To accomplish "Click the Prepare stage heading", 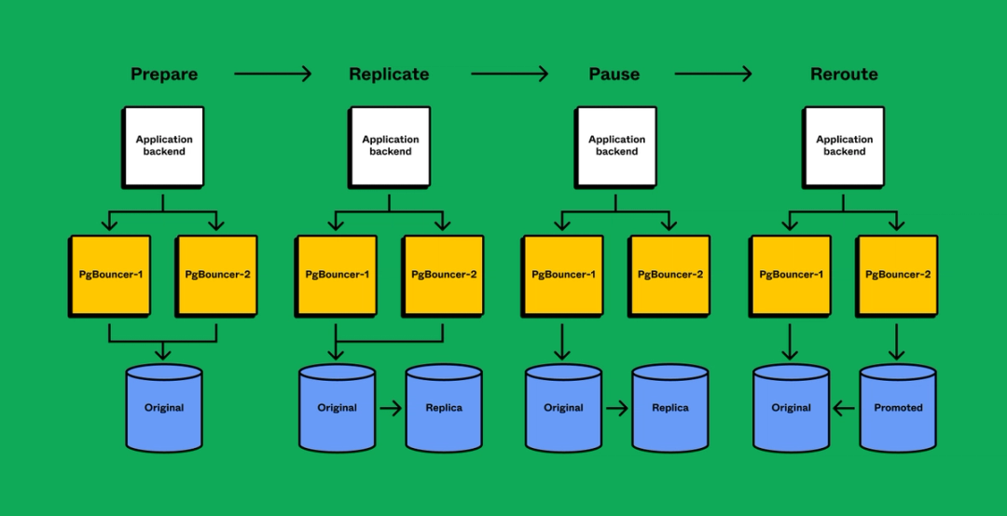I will coord(163,74).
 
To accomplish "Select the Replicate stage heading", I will coord(389,74).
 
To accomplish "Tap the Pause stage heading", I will coord(614,74).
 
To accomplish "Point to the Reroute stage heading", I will coord(844,74).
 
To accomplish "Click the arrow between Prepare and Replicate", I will coord(272,74).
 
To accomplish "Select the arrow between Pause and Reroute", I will coord(713,74).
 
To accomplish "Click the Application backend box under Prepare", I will coord(164,145).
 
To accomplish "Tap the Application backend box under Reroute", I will coord(845,145).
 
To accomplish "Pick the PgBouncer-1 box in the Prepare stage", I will coord(111,275).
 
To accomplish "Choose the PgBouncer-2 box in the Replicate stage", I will coord(444,275).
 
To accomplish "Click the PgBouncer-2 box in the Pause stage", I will coord(669,275).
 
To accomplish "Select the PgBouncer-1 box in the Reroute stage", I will coord(791,275).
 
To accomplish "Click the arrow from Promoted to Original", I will coord(845,407).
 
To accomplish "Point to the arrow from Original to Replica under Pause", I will coord(616,407).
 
